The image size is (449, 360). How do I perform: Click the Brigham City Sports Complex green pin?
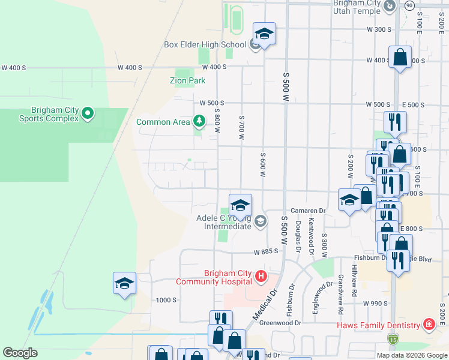[88, 113]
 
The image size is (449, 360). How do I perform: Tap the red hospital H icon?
[261, 277]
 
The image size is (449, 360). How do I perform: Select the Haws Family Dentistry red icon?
[429, 325]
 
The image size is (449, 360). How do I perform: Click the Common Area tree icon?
[199, 122]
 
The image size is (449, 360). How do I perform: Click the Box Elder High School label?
[205, 44]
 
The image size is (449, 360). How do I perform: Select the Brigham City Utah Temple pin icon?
[390, 6]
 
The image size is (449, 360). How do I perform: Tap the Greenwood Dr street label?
[279, 322]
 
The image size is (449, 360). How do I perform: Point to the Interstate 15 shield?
[393, 340]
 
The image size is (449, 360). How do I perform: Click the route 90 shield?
[409, 5]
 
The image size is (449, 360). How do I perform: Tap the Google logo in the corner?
[20, 352]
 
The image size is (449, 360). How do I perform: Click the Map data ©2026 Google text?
[412, 355]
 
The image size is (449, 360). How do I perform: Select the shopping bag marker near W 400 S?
[400, 58]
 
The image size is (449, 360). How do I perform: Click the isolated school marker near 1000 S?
[124, 283]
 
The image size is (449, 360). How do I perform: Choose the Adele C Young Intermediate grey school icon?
[260, 221]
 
